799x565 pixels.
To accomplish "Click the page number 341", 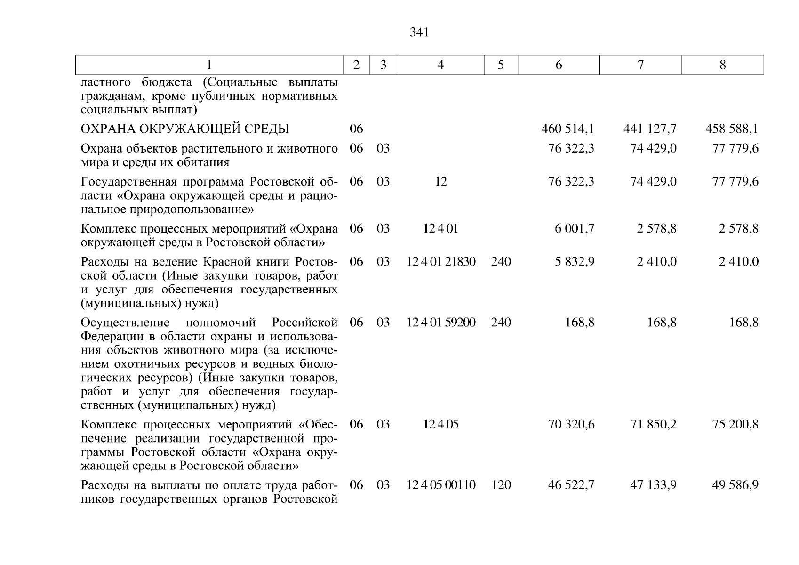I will coord(419,32).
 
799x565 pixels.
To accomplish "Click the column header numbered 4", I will coord(440,65).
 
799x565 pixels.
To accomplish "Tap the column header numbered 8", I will coord(722,65).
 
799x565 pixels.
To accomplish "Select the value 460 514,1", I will coord(567,129).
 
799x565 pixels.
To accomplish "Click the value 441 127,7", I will coord(650,129).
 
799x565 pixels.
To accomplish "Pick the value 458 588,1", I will coord(732,129).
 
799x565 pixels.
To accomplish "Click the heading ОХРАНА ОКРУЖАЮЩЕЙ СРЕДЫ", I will coord(185,129).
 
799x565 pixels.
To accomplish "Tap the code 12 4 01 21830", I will coord(441,262).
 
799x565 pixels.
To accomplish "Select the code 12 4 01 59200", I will coord(441,323).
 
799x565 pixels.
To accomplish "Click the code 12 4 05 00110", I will coord(441,485).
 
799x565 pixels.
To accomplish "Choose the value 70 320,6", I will coord(571,425).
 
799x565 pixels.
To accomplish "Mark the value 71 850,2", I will coord(653,425).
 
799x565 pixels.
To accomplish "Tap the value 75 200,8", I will coord(735,425).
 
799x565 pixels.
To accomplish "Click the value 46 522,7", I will coord(571,485).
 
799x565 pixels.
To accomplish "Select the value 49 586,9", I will coord(735,485).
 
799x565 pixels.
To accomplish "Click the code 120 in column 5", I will coord(501,485).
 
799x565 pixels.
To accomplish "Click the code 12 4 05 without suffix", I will coord(441,425).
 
